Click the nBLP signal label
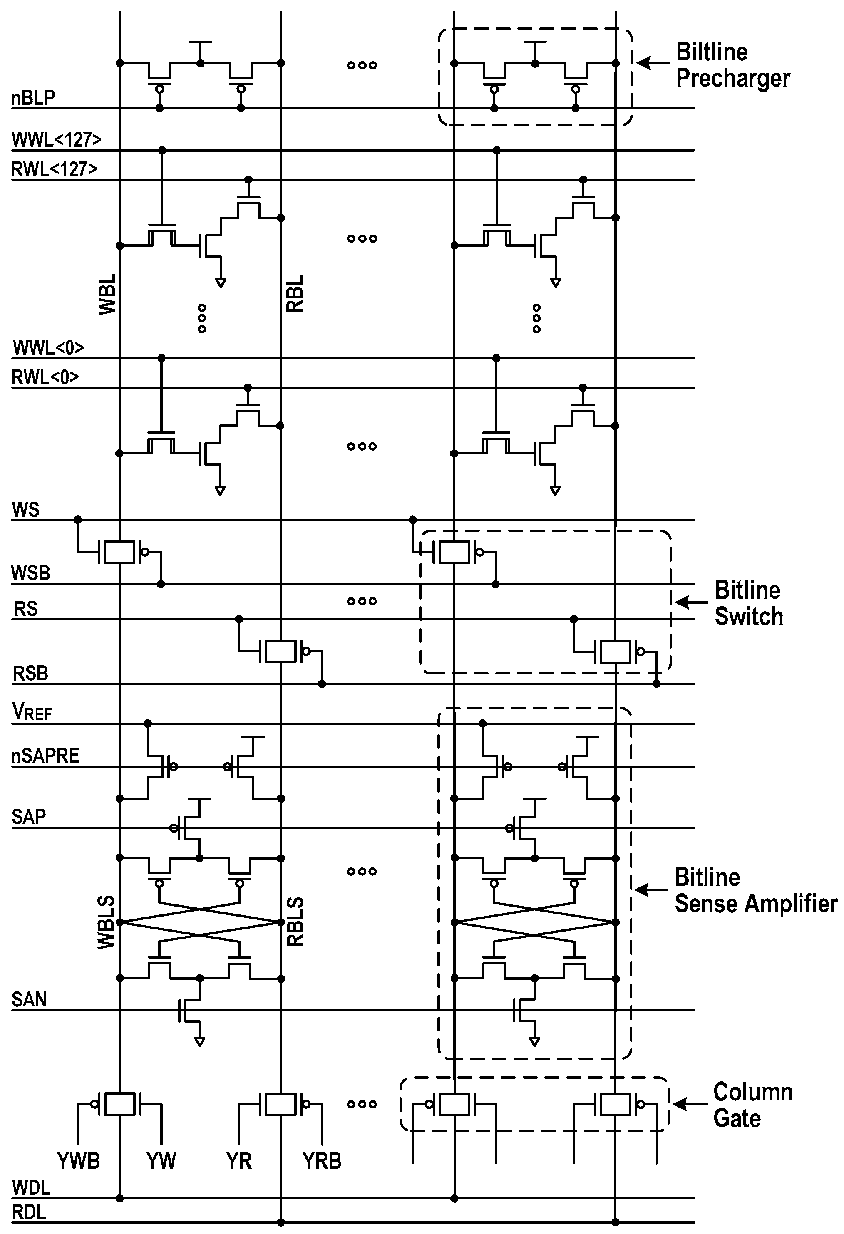coord(33,98)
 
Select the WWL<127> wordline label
coord(56,140)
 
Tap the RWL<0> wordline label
coord(45,377)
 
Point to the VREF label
coord(32,712)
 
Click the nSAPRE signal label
coord(45,755)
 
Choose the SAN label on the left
coord(29,1000)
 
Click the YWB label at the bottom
coord(79,1161)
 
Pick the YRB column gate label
coord(322,1161)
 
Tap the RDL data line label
coord(29,1212)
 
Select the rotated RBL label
coord(295,294)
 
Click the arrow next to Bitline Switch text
coord(691,602)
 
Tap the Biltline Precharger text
coord(732,65)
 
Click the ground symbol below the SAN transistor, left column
coord(200,1042)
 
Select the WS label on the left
coord(25,510)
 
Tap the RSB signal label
coord(30,673)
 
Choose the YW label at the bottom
coord(161,1161)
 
